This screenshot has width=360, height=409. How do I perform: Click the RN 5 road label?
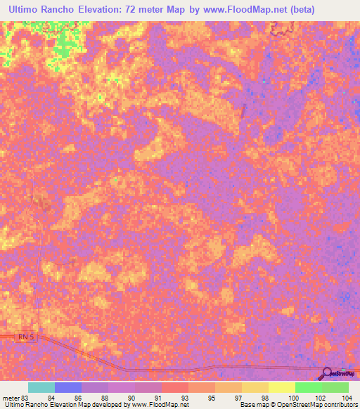(x=25, y=337)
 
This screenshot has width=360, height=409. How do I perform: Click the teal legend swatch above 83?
(x=41, y=387)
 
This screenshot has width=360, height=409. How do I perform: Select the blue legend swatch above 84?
(x=67, y=387)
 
